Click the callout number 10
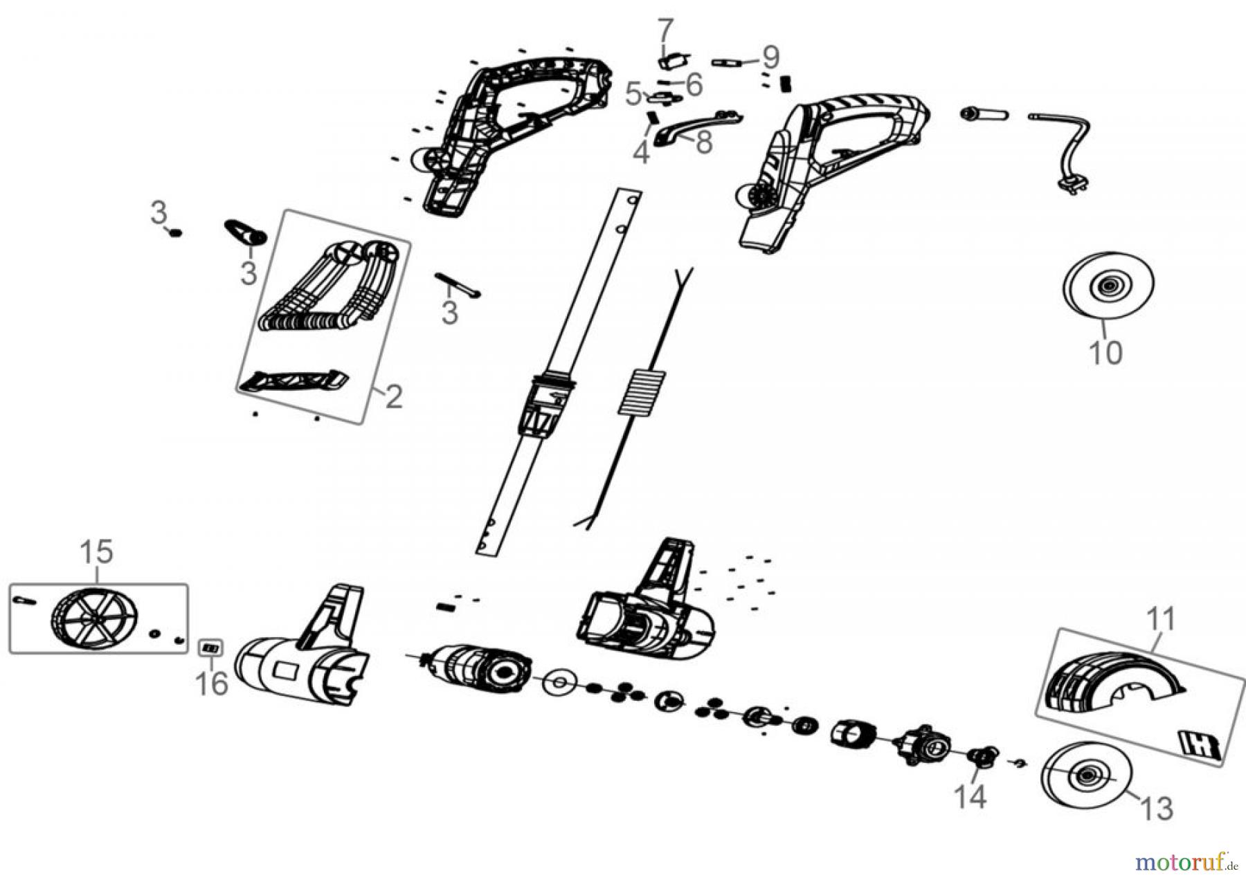point(1105,353)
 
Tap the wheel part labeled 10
point(1108,285)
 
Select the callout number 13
point(1158,808)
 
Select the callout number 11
point(1161,619)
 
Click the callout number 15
point(96,552)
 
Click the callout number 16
point(211,684)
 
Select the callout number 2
point(393,397)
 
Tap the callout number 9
point(770,57)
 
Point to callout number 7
point(665,31)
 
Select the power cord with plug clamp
point(1066,149)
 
